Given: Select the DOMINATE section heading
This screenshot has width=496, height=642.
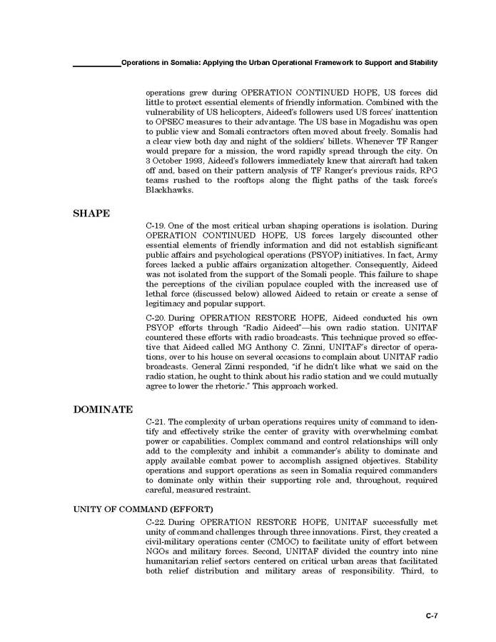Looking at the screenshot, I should (103, 410).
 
